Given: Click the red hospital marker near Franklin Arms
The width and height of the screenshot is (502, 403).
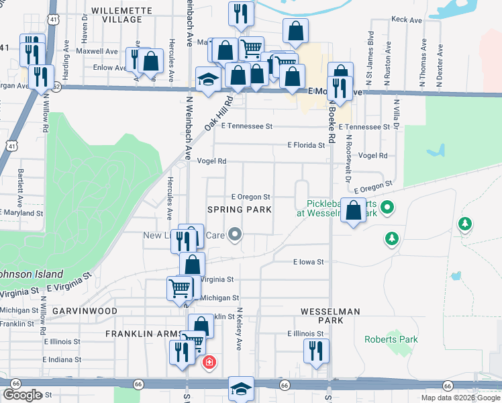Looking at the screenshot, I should [209, 363].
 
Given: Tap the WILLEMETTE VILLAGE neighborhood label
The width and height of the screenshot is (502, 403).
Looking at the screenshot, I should [117, 15].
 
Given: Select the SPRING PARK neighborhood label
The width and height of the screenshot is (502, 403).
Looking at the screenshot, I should [239, 210].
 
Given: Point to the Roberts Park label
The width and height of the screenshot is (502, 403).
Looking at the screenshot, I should [391, 339].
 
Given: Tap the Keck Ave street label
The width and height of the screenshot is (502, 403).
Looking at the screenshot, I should [406, 21].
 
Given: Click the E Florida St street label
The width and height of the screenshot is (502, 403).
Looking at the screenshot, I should [305, 145].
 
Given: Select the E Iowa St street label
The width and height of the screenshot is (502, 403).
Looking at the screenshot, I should [309, 262].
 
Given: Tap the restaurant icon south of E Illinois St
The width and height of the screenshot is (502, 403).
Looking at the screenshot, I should [312, 351].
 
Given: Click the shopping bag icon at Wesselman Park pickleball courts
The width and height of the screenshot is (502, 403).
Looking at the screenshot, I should [354, 211].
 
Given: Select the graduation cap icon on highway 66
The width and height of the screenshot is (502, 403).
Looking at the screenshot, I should [242, 388].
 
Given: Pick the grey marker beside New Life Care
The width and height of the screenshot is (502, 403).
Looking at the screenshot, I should [234, 234].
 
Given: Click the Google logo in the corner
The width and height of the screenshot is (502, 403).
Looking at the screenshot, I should [22, 395].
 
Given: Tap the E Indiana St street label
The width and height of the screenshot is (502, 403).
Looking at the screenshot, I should [62, 359].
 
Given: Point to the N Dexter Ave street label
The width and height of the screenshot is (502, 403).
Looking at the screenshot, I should [440, 65].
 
